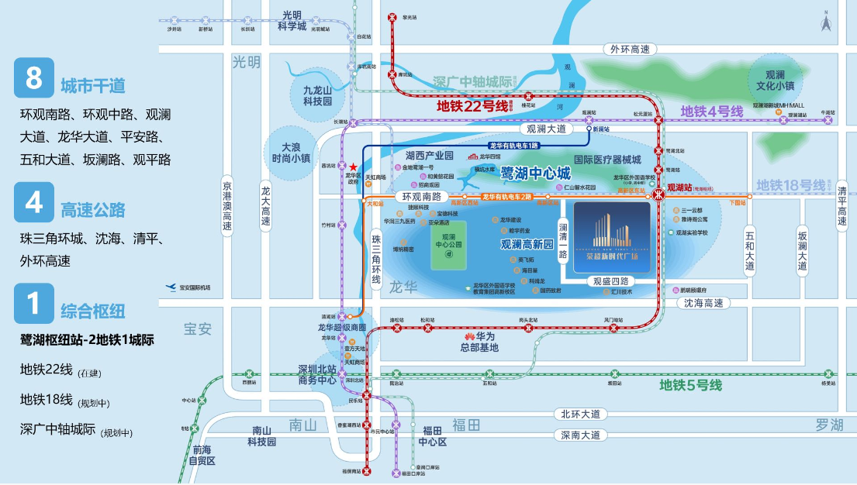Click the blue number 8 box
tap(34, 77)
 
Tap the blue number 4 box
tap(34, 202)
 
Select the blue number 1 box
tap(34, 304)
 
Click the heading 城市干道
tap(93, 85)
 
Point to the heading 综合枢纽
tap(93, 311)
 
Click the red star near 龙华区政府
tap(354, 167)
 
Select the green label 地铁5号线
tap(690, 385)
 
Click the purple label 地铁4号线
tap(712, 112)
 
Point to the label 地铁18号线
tap(791, 185)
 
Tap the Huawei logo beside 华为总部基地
tap(468, 336)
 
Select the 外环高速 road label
tap(629, 49)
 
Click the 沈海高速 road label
tap(703, 303)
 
